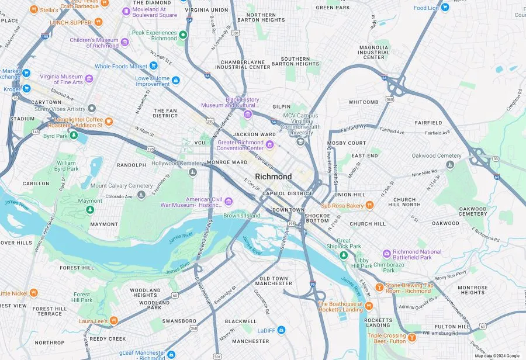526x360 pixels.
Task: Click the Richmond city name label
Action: tap(273, 176)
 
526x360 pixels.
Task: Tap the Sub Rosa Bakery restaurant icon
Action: tap(369, 205)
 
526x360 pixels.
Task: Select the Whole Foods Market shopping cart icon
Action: tap(153, 66)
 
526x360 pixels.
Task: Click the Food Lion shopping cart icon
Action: tap(445, 8)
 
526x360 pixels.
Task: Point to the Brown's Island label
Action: tap(241, 216)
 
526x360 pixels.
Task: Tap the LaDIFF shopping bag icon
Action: tap(281, 330)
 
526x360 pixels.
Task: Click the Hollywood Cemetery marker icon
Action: tap(193, 172)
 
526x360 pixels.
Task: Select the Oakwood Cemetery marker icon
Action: tap(449, 165)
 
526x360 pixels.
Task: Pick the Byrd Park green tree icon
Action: tap(74, 136)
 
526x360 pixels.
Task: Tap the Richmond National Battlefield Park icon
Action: tap(386, 254)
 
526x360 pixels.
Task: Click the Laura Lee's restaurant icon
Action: tap(113, 320)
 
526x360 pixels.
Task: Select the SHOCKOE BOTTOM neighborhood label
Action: tap(317, 217)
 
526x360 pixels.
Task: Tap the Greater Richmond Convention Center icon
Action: tap(269, 144)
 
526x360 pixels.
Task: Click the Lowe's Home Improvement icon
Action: tap(175, 81)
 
